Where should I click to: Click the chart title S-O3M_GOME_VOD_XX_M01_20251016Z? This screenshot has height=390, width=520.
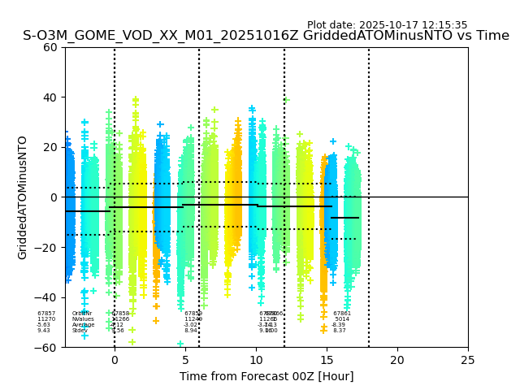266,36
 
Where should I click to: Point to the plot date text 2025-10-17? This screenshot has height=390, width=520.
387,25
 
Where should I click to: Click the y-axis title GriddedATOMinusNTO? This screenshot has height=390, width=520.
23,197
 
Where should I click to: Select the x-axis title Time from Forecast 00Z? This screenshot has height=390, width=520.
266,376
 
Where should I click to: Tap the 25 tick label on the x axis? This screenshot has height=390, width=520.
468,359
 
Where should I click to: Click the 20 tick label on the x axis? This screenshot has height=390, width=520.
397,359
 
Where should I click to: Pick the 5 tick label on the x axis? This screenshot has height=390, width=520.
185,359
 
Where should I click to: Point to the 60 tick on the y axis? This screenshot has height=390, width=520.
50,47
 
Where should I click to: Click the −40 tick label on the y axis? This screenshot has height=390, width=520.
46,297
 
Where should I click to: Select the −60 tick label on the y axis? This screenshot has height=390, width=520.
46,348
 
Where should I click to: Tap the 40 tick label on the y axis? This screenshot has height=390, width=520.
50,97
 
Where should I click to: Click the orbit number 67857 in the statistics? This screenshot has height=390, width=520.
46,314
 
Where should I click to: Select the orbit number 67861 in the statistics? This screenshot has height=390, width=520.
342,314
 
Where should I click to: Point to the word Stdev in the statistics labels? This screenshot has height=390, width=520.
80,331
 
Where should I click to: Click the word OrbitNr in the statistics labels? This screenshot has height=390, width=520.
82,314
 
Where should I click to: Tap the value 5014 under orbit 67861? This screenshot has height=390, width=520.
342,319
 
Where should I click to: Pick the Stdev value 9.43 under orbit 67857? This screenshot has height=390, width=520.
44,331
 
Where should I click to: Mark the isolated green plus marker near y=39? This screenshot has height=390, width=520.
286,100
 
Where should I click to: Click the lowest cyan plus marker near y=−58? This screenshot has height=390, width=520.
180,344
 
